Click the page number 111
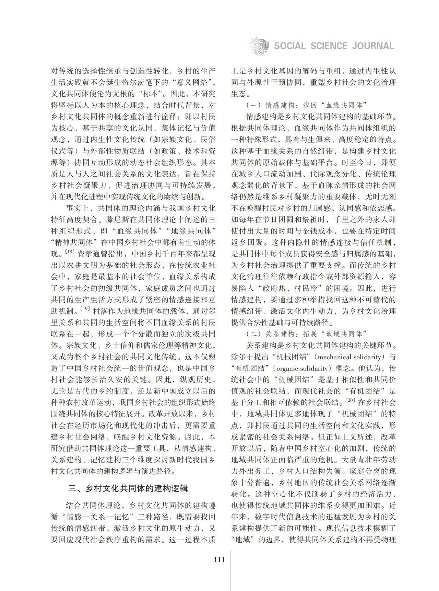click(x=219, y=559)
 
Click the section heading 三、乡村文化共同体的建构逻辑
click(x=128, y=488)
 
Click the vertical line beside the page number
click(x=231, y=569)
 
